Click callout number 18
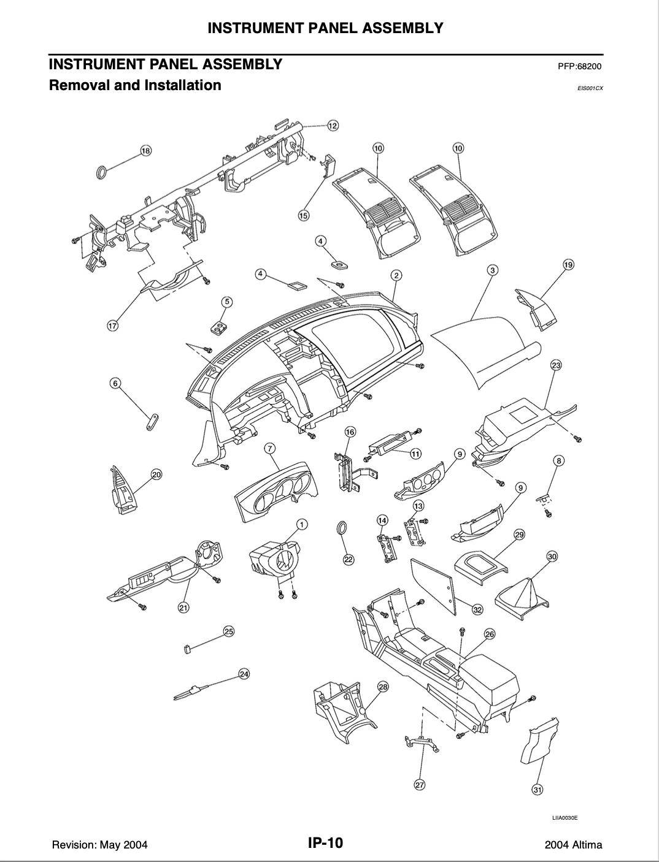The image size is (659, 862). [146, 151]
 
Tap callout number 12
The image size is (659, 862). [333, 126]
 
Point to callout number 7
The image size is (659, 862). [269, 448]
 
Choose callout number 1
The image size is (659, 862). [302, 524]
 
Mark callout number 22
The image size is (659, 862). [349, 559]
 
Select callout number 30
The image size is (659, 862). [552, 556]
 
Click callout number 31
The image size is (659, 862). [538, 789]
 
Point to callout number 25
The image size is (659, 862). [229, 631]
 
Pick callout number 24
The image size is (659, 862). [244, 674]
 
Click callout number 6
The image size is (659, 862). [115, 383]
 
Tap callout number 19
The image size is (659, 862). [568, 265]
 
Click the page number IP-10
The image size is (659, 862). [325, 843]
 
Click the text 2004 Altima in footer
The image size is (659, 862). [573, 845]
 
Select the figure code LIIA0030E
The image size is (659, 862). [565, 817]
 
